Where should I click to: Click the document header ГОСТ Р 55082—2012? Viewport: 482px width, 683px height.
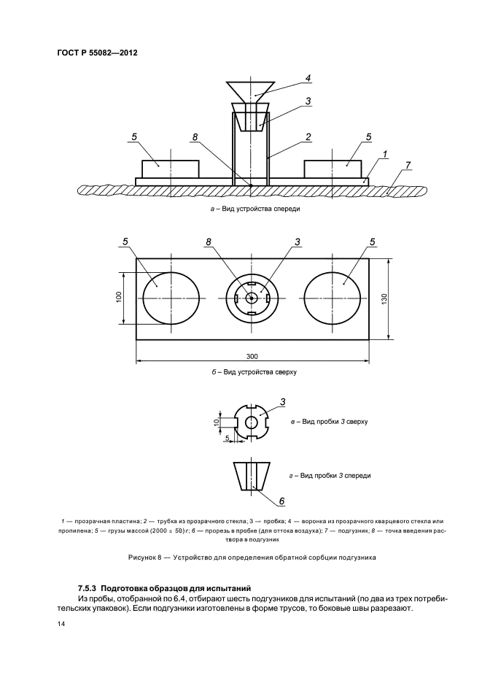tap(97, 53)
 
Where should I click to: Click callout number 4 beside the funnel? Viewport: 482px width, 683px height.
tap(308, 78)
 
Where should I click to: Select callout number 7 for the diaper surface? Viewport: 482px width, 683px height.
tap(408, 165)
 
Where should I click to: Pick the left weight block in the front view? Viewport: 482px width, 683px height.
tap(171, 169)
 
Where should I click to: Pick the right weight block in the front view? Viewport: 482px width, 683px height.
tap(333, 169)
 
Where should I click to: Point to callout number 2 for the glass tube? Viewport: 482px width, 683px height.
tap(308, 136)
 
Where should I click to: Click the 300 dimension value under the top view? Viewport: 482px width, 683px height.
tap(252, 356)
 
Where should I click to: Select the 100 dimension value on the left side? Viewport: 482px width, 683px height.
tap(119, 297)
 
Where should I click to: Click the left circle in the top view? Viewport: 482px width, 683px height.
tap(171, 298)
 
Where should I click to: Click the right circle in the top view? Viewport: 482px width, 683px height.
tap(333, 298)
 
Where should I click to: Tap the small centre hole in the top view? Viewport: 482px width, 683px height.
tap(252, 298)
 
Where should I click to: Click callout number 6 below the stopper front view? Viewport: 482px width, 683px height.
tap(281, 501)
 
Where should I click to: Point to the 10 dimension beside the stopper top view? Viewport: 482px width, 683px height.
tap(217, 422)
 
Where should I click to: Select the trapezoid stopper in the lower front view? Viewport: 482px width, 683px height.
tap(252, 476)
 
